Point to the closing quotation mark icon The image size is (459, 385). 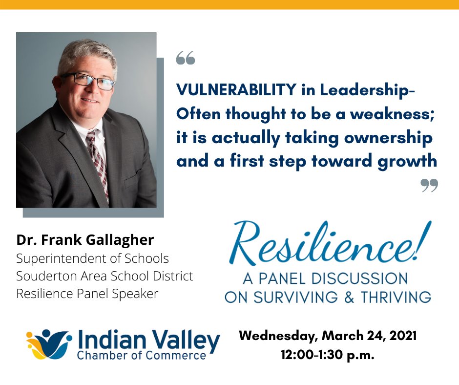click(429, 185)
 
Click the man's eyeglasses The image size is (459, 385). click(88, 81)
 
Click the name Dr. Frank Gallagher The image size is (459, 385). click(85, 240)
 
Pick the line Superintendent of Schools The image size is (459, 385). click(92, 258)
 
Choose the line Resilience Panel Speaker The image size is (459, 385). click(87, 294)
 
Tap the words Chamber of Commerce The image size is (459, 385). click(142, 355)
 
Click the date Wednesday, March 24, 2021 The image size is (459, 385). click(328, 337)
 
